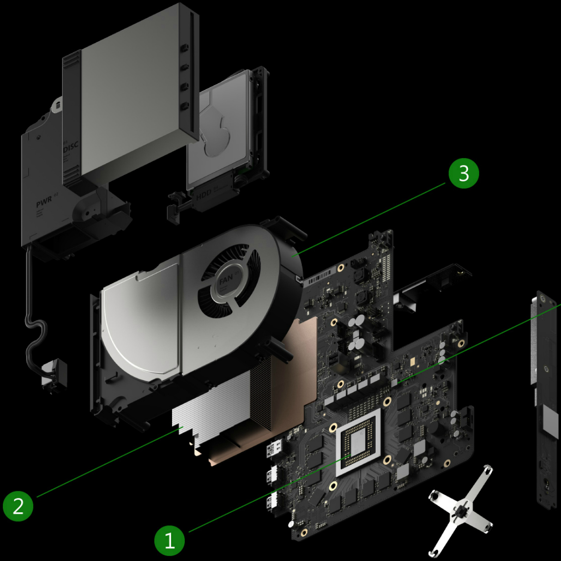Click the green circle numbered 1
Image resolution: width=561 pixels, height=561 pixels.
[170, 541]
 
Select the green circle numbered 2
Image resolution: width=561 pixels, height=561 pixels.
[18, 505]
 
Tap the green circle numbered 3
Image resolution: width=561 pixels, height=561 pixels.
[464, 173]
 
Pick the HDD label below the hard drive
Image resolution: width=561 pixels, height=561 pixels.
[204, 196]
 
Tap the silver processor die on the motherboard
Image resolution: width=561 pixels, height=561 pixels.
[359, 442]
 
